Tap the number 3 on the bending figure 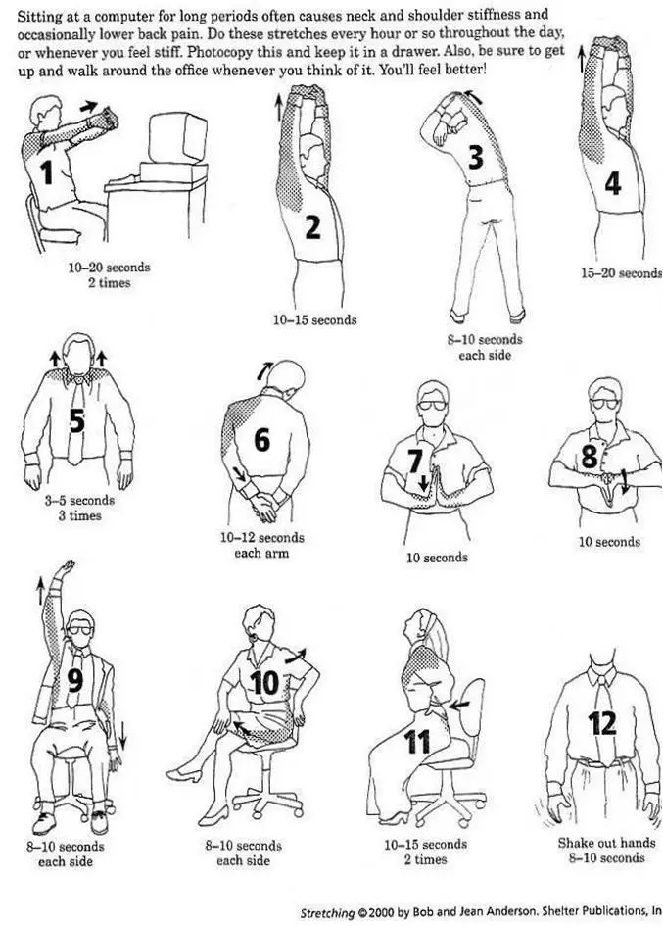tap(475, 157)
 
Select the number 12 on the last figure tap(602, 723)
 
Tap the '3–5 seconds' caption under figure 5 tap(78, 501)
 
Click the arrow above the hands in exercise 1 tap(89, 104)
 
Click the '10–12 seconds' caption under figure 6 tap(261, 538)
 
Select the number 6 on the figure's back tap(261, 441)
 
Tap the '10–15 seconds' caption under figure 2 tap(314, 319)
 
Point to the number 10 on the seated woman tap(265, 684)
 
